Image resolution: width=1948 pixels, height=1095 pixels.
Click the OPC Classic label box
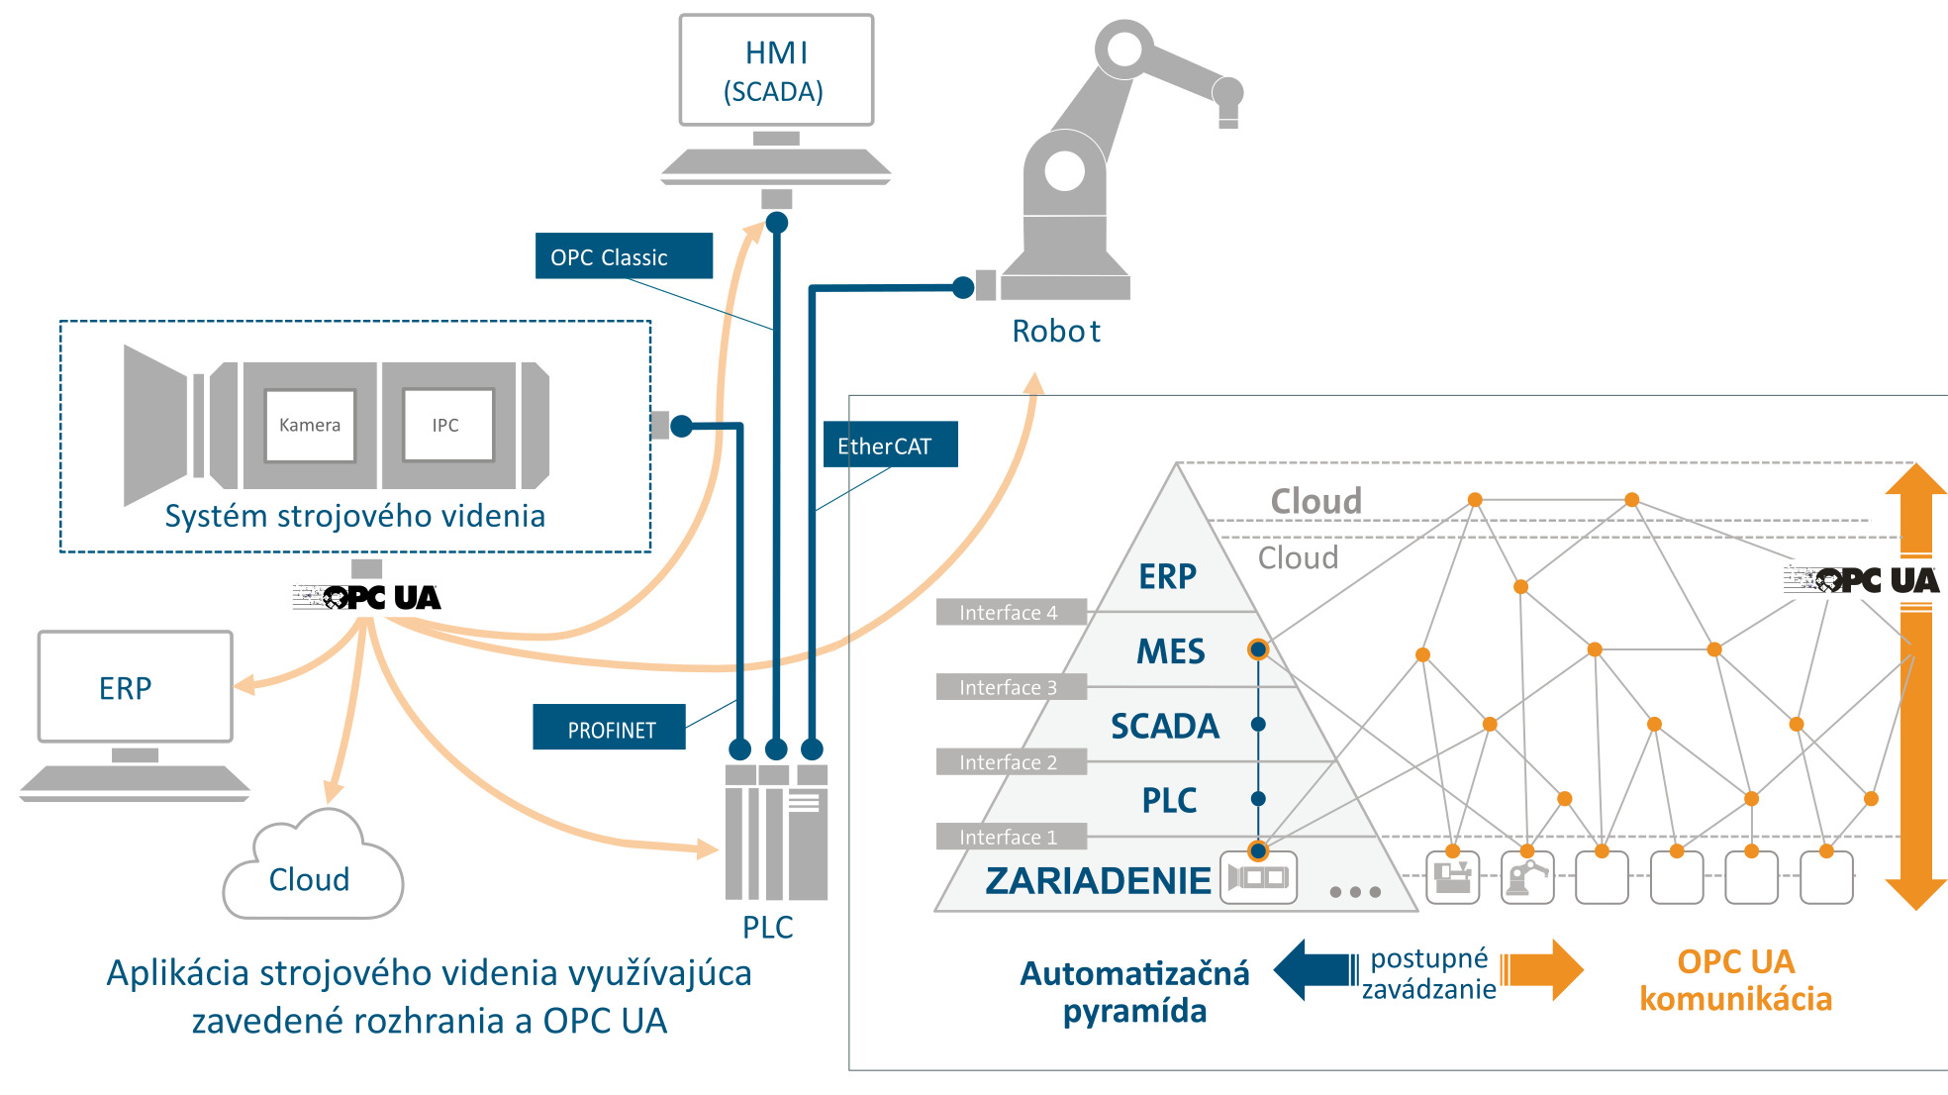[x=624, y=256]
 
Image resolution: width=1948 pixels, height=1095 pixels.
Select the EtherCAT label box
[x=890, y=445]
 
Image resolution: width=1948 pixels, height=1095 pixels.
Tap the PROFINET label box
[x=609, y=729]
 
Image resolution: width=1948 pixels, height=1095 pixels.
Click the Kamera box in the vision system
[x=310, y=425]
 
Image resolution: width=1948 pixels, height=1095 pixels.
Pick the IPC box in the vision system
[x=446, y=425]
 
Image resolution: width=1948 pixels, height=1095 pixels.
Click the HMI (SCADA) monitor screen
[x=776, y=70]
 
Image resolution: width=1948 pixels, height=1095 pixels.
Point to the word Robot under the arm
[x=1055, y=331]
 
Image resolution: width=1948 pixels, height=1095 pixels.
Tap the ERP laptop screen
[x=135, y=687]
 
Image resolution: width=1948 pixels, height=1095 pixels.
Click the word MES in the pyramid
[x=1170, y=651]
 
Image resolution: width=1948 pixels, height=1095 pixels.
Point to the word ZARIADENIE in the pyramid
[x=1098, y=880]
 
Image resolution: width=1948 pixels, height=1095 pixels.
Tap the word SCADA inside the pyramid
[x=1164, y=726]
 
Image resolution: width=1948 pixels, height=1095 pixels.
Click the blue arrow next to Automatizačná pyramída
[x=1315, y=970]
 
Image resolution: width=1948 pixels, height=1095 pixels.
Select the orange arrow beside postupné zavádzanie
[x=1544, y=970]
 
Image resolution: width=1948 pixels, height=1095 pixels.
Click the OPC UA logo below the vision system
[x=368, y=597]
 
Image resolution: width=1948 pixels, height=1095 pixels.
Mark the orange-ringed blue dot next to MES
[x=1257, y=649]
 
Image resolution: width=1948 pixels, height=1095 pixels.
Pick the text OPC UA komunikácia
[x=1735, y=980]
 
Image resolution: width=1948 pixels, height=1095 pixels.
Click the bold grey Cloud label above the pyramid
[x=1315, y=500]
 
